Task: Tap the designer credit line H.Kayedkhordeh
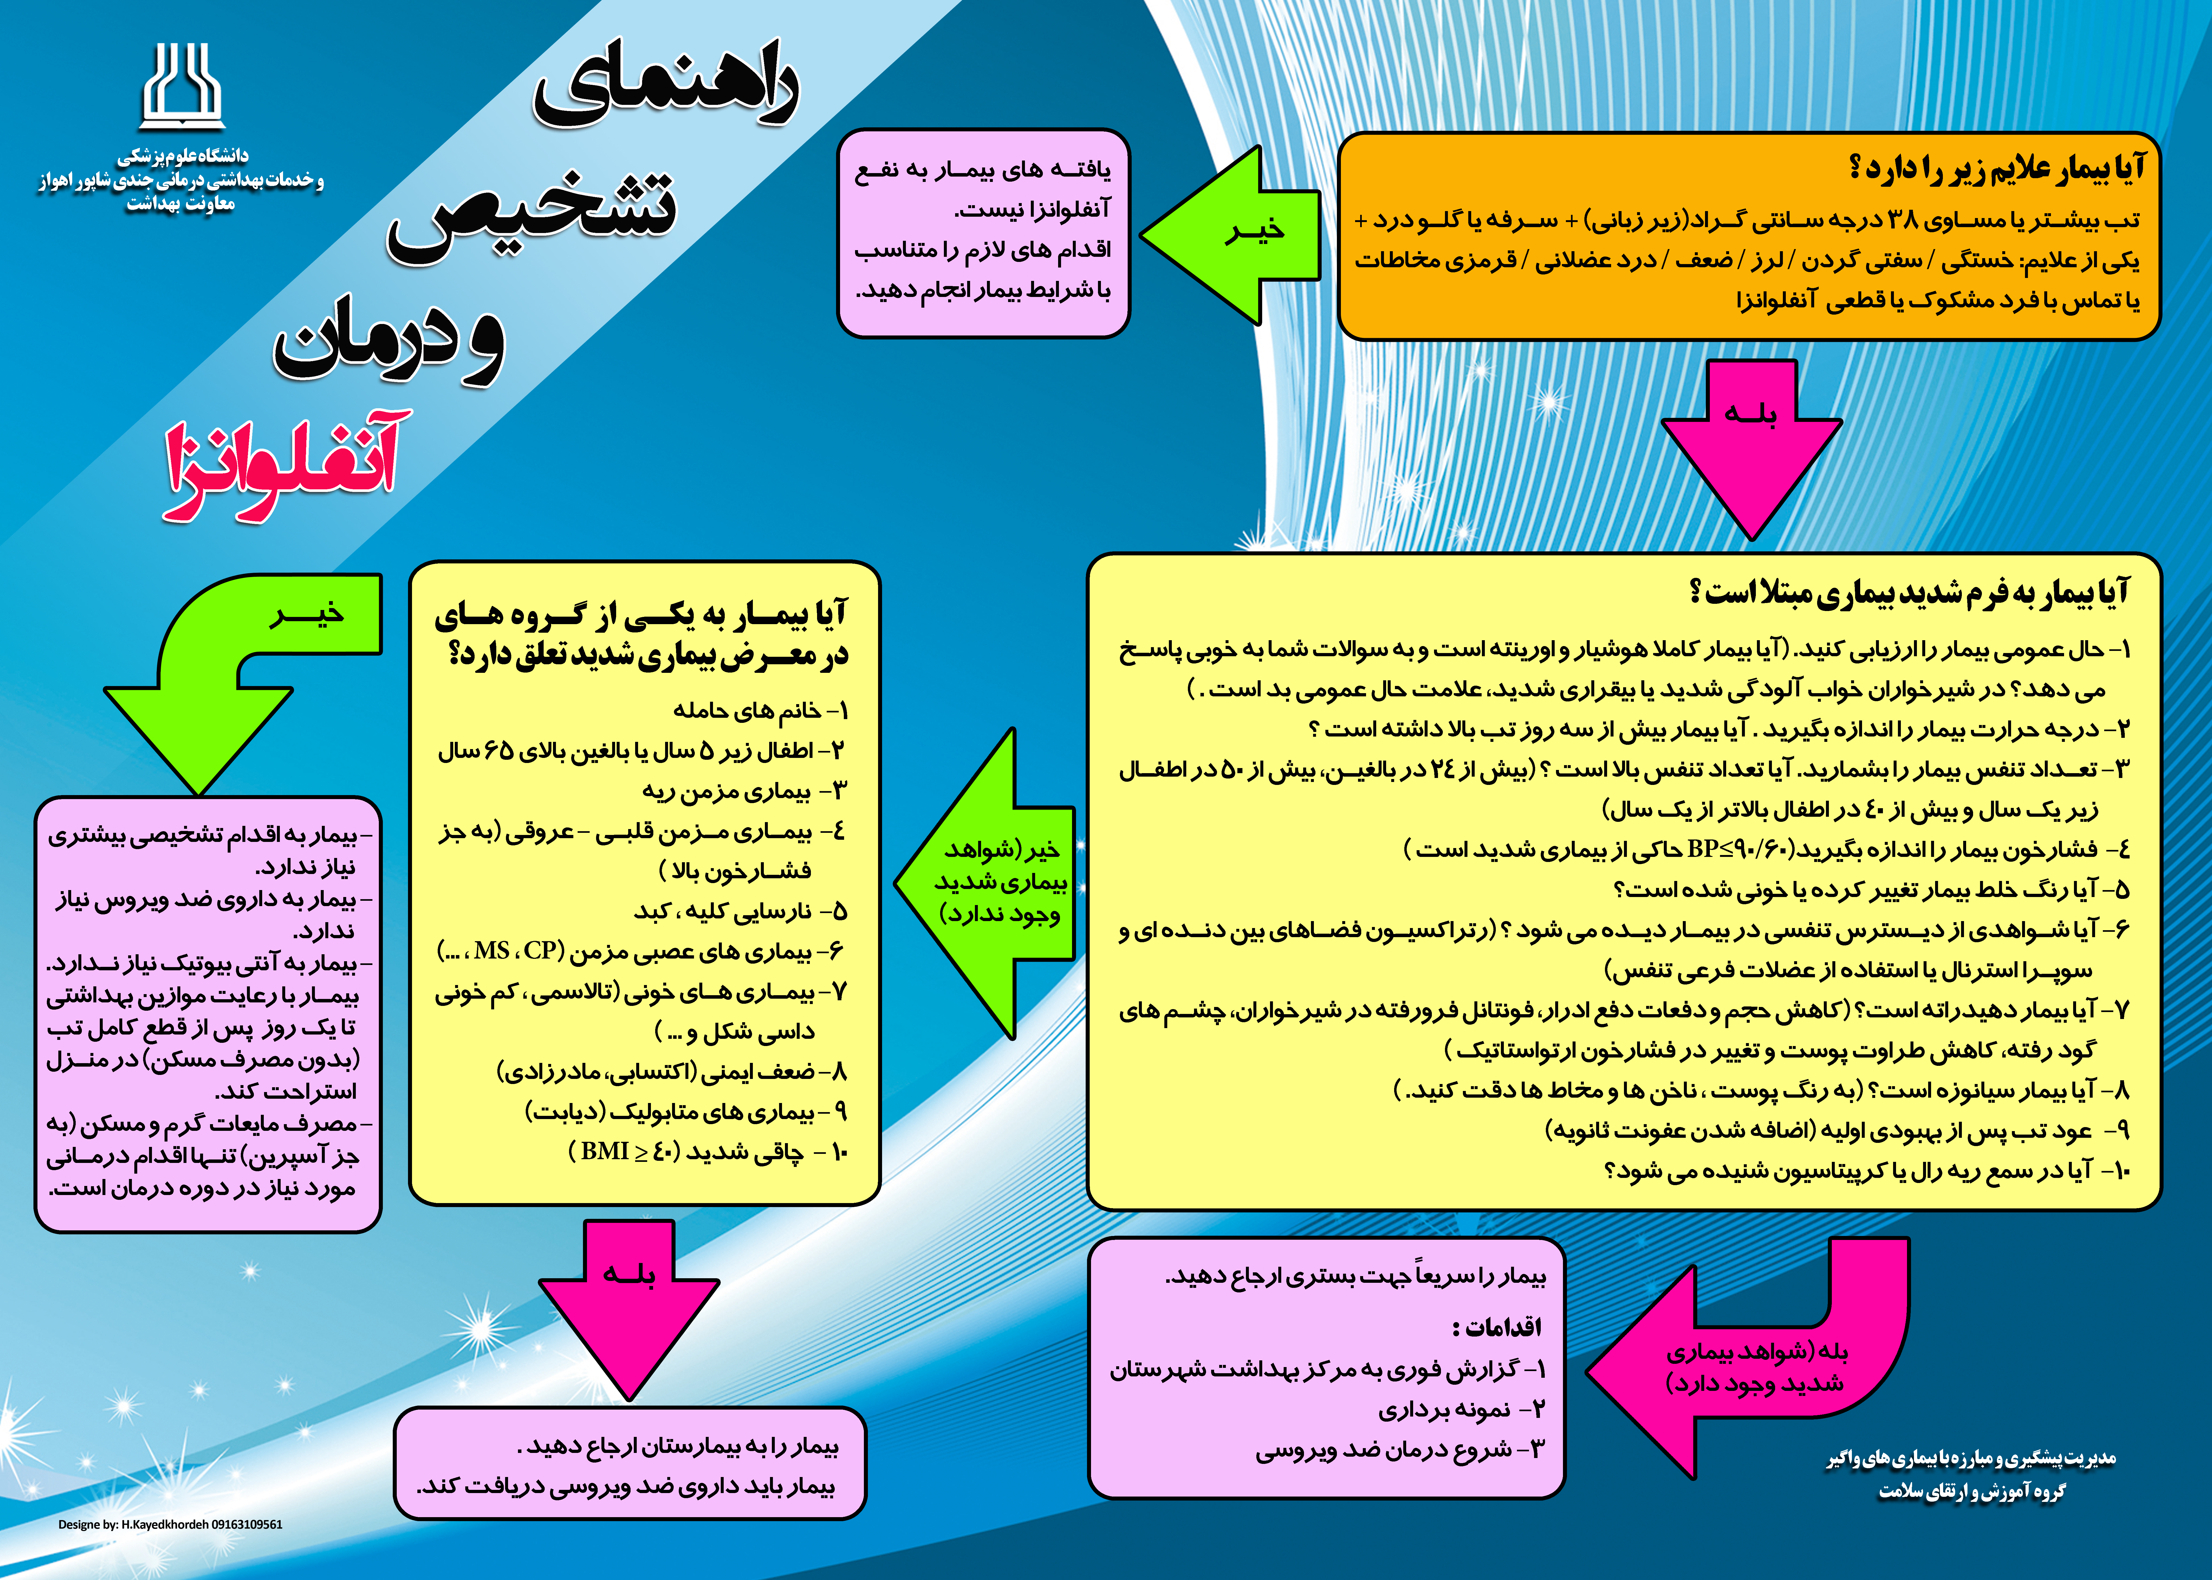[170, 1525]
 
